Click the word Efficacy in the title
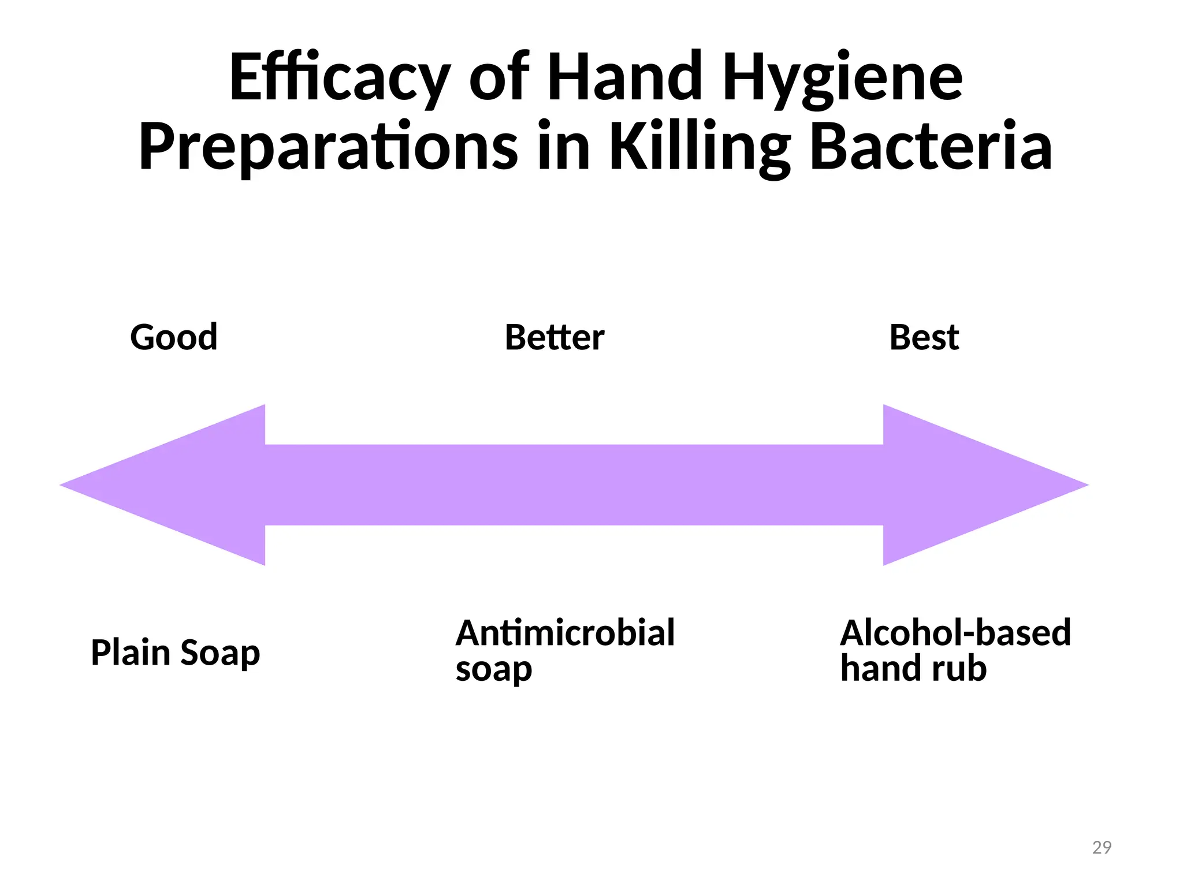coord(340,78)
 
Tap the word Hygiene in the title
coord(842,78)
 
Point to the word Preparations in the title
coord(328,147)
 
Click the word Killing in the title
coord(700,147)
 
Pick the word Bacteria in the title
coord(931,147)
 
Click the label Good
coord(174,337)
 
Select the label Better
coord(555,337)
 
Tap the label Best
coord(924,337)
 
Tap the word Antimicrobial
coord(565,633)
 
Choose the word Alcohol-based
coord(955,633)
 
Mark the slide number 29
coord(1102,848)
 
